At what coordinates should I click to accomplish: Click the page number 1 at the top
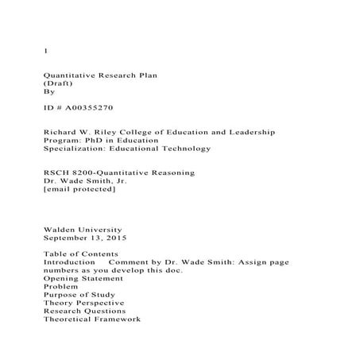[45, 52]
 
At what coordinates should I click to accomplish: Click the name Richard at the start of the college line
[61, 130]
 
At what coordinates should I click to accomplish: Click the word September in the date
[72, 238]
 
